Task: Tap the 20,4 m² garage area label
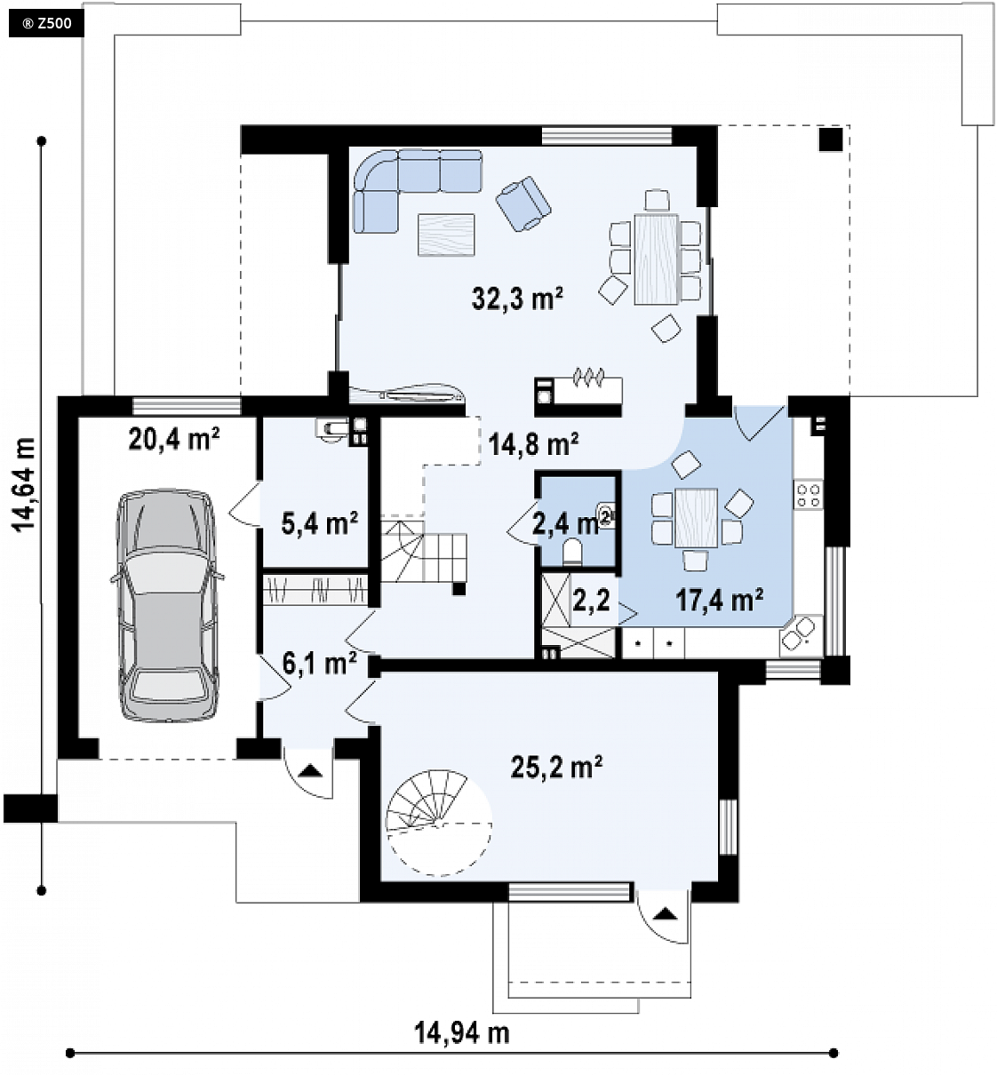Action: click(174, 438)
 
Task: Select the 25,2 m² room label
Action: click(557, 766)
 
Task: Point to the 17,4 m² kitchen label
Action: click(720, 600)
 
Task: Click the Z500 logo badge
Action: click(46, 24)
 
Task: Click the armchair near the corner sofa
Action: click(523, 203)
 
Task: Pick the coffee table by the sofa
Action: click(446, 235)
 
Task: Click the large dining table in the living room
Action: click(656, 259)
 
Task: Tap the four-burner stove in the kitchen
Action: click(808, 495)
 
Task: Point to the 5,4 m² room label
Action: click(320, 523)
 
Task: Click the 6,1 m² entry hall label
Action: click(320, 665)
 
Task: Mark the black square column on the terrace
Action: click(831, 139)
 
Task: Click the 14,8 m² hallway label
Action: click(533, 444)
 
